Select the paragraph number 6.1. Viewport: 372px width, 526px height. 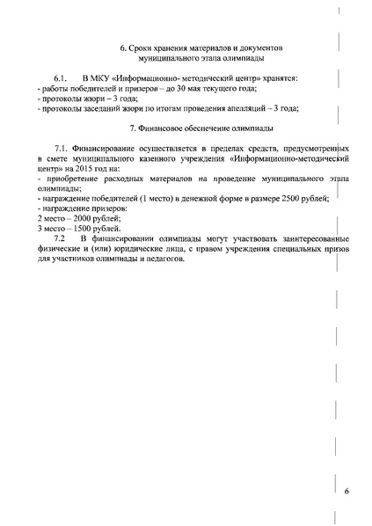[x=60, y=79]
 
